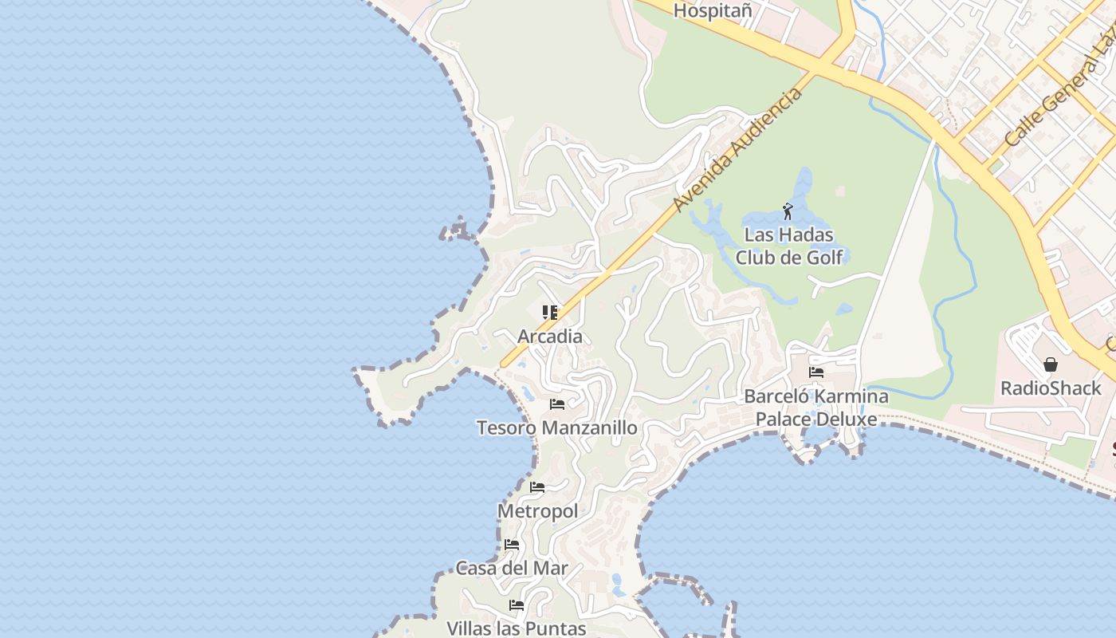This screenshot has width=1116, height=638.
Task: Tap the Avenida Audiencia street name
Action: pos(737,151)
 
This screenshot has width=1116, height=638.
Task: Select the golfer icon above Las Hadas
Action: pos(788,211)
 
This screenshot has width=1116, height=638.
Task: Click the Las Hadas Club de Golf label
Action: pos(788,246)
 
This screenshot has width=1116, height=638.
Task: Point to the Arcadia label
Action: pos(550,337)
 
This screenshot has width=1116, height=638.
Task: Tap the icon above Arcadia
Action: pos(550,312)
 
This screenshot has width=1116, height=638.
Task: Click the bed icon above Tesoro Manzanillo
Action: pos(557,404)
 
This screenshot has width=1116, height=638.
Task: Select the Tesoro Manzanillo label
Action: pos(557,428)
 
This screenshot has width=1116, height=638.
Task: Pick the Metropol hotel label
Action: pos(537,511)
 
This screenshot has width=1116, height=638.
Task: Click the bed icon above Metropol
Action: pos(537,487)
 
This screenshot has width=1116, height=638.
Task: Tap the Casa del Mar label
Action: pos(512,569)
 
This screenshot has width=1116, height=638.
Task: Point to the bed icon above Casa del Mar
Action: pos(512,545)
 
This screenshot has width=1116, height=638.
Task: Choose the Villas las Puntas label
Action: pos(517,628)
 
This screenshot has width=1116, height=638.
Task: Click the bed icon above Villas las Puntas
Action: pos(517,605)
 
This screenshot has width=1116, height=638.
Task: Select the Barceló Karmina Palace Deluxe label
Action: pos(816,408)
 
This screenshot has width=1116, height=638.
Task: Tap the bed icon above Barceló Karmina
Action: pos(816,372)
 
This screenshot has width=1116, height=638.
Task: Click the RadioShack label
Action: pos(1051,388)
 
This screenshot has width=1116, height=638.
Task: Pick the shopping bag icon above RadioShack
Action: pos(1051,364)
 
